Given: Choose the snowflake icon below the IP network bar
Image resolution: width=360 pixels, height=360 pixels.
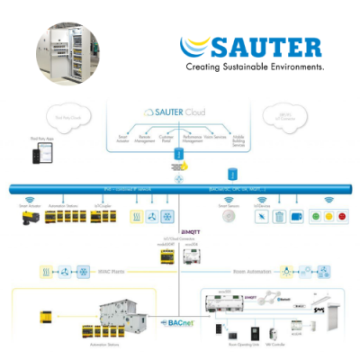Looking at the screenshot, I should click(x=171, y=217).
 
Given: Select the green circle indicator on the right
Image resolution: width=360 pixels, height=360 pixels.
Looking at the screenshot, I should click(x=315, y=217).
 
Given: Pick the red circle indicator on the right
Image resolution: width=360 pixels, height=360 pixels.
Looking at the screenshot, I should click(x=343, y=217).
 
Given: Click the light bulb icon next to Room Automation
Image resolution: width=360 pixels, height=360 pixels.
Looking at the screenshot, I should click(x=286, y=269).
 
